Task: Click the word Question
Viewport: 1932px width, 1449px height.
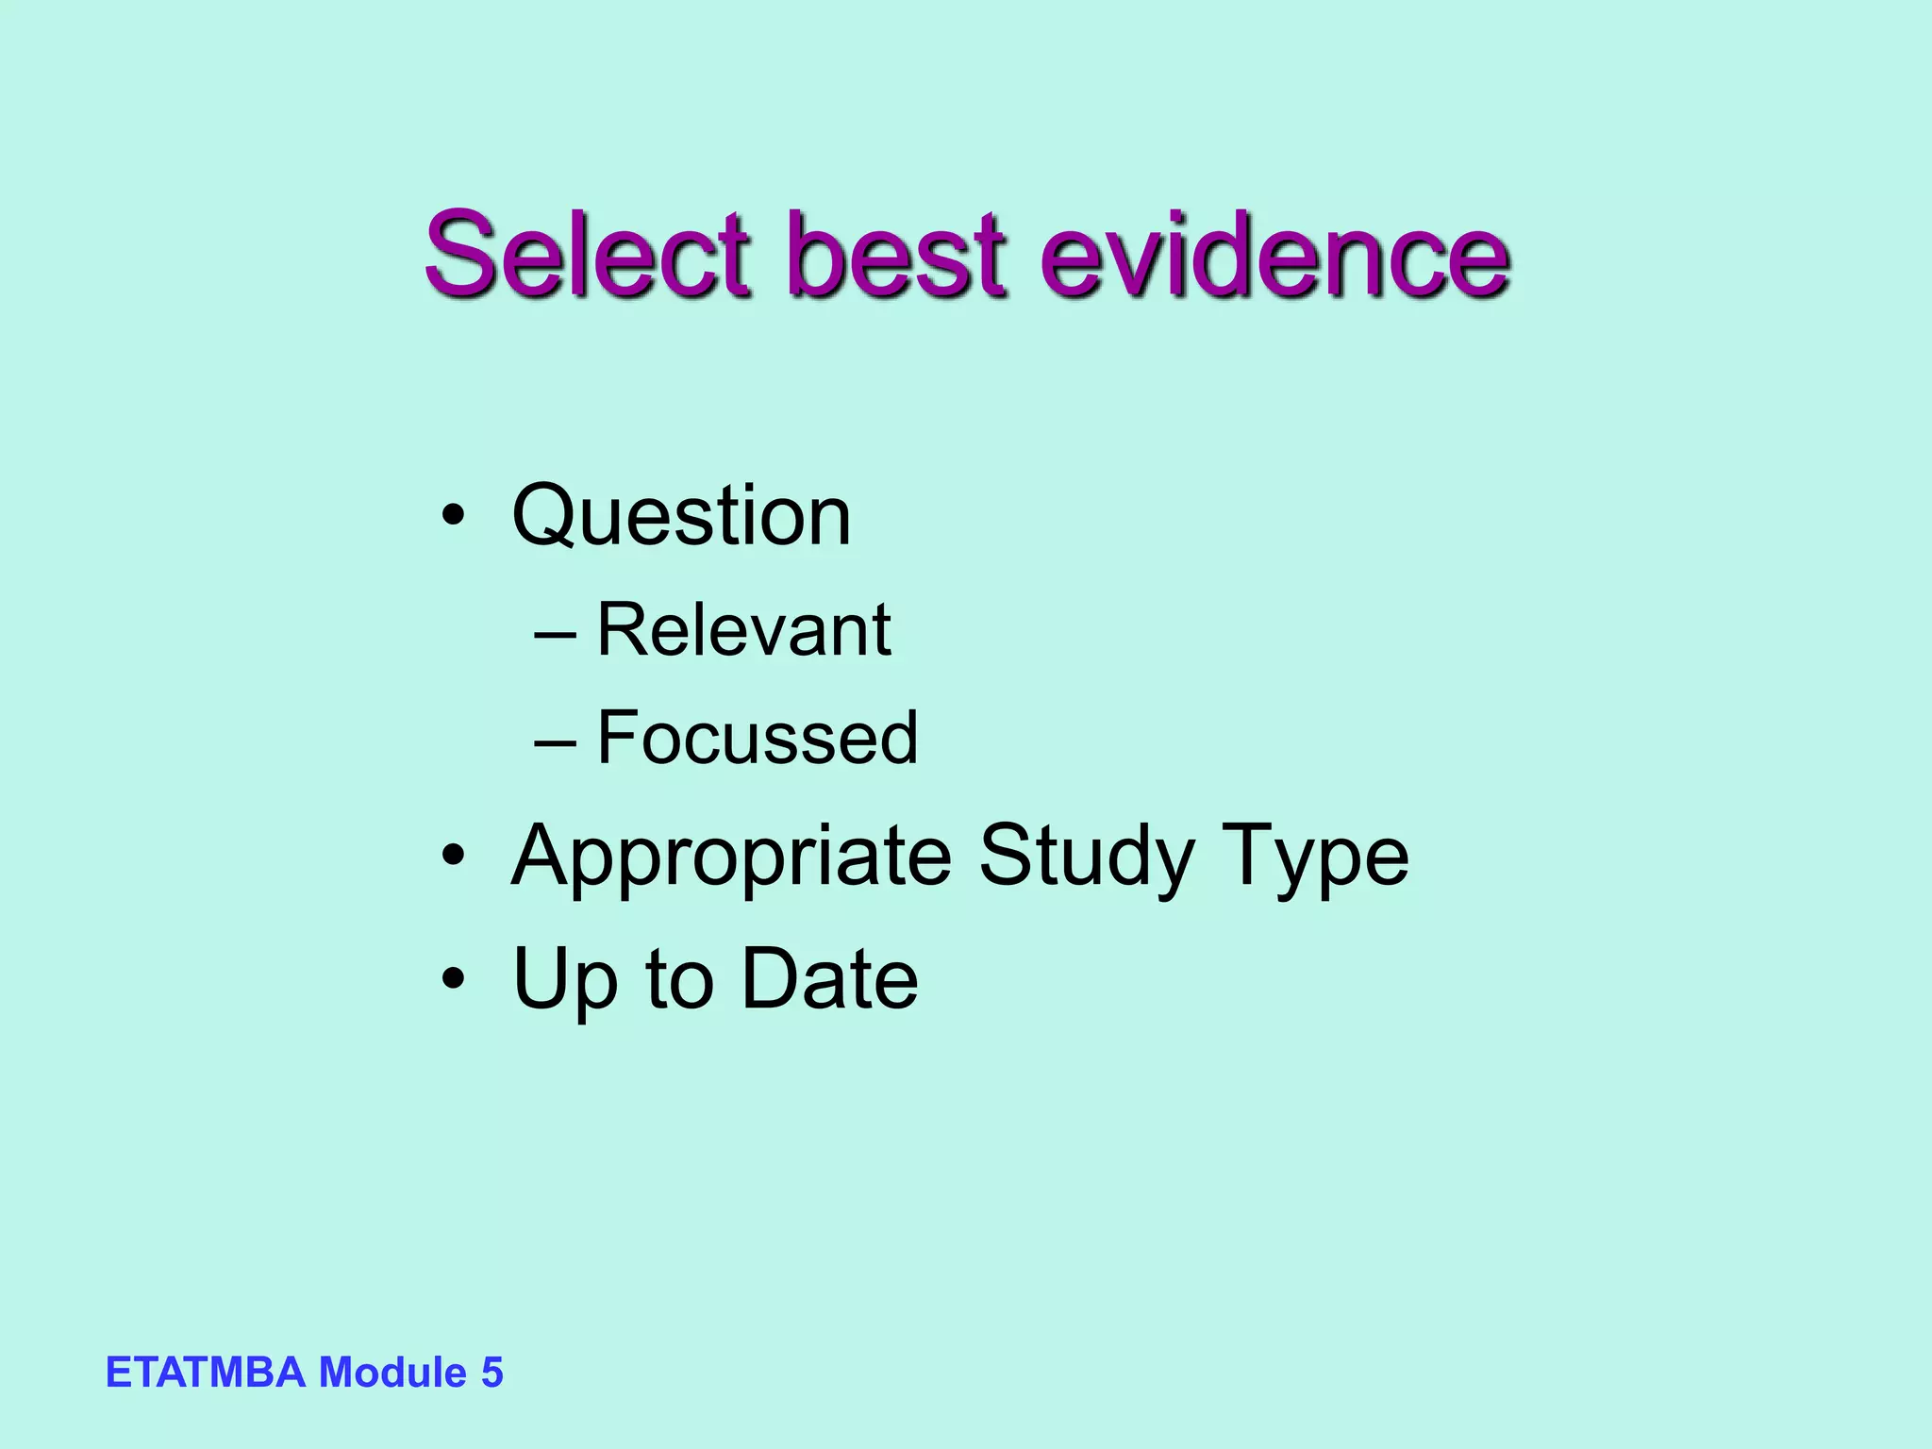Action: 681,516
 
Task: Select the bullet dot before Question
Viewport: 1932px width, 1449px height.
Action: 454,516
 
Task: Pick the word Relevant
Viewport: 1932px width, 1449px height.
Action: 743,629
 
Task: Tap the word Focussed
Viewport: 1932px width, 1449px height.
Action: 758,737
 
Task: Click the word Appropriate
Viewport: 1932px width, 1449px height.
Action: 731,857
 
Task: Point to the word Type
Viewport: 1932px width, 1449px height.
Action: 1315,857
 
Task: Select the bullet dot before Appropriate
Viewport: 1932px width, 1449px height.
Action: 454,856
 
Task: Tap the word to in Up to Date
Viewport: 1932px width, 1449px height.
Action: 679,979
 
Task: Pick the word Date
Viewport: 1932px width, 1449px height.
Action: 830,979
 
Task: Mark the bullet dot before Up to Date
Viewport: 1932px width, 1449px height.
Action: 454,978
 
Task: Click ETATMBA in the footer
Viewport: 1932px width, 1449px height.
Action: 206,1372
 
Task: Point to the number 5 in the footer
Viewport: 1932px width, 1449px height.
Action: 492,1372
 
